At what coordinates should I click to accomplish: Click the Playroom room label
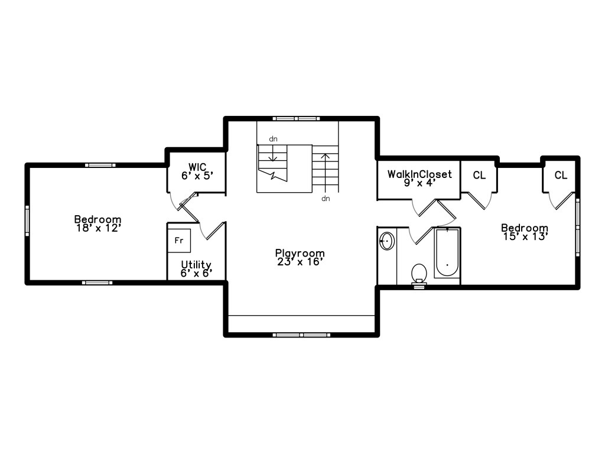pyautogui.click(x=300, y=253)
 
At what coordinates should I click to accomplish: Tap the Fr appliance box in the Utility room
pyautogui.click(x=178, y=241)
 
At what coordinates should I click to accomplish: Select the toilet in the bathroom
pyautogui.click(x=419, y=273)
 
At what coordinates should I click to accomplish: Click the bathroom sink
pyautogui.click(x=387, y=241)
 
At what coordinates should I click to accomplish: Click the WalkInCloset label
pyautogui.click(x=419, y=174)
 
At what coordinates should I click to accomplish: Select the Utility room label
pyautogui.click(x=196, y=264)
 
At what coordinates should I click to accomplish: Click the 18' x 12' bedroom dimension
pyautogui.click(x=98, y=227)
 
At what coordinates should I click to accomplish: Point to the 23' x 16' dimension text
pyautogui.click(x=300, y=261)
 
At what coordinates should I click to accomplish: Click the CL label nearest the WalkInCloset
pyautogui.click(x=479, y=175)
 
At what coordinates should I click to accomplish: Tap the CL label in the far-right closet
pyautogui.click(x=561, y=175)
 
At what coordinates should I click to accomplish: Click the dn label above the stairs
pyautogui.click(x=273, y=139)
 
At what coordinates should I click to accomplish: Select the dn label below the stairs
pyautogui.click(x=326, y=199)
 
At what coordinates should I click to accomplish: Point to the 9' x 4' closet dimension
pyautogui.click(x=419, y=183)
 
